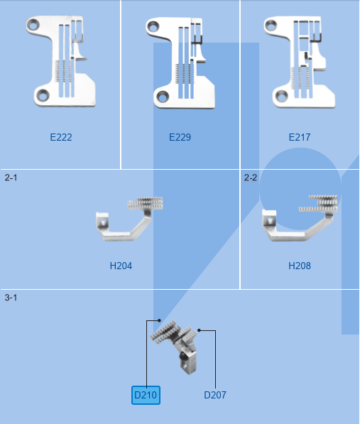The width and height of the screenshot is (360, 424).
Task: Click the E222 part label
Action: coord(61,137)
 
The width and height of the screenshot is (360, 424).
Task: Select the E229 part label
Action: coord(180,137)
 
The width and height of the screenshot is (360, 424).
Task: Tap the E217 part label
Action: coord(300,137)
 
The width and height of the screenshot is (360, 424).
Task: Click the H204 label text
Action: coord(121,266)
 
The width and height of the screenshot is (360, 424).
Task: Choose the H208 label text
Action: coord(300,266)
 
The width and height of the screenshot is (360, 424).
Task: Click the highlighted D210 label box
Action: coord(146,395)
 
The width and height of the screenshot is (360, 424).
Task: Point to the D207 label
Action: coord(215,395)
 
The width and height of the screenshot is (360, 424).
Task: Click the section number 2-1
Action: coord(11,178)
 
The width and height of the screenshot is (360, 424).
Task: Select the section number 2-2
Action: coord(251,178)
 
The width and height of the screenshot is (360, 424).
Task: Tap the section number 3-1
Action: coord(11,298)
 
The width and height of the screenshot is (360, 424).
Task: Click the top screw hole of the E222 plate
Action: coord(34,26)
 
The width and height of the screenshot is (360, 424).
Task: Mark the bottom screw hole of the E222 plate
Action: coord(42,96)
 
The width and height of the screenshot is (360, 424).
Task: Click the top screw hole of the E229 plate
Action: coord(153,27)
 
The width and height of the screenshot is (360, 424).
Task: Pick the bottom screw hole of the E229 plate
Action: coord(163,97)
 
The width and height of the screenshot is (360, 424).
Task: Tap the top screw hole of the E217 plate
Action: coord(271,26)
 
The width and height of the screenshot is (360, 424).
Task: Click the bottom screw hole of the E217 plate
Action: coord(281,97)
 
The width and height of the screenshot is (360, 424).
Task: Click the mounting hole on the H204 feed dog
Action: coord(103,222)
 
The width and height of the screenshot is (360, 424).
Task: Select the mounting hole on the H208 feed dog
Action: coord(269,221)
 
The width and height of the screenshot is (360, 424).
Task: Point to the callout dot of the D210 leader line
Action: coord(160,320)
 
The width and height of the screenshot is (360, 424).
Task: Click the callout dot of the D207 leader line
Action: coord(200,330)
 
